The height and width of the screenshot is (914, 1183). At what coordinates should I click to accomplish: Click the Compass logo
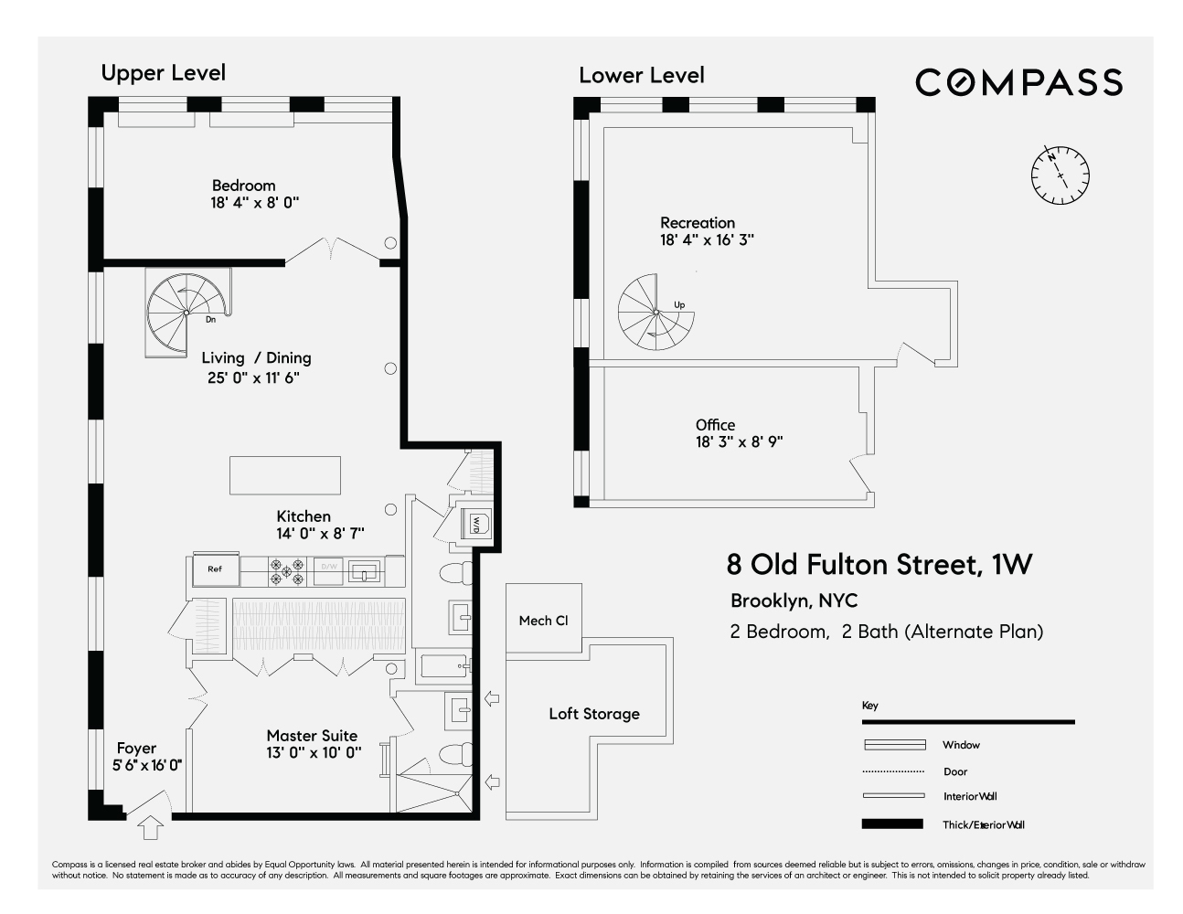click(1018, 82)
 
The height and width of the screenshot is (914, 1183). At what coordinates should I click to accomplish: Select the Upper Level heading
click(163, 73)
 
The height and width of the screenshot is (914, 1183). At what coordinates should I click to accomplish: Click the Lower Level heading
click(641, 75)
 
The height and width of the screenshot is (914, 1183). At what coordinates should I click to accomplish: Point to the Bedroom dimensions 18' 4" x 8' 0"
click(255, 203)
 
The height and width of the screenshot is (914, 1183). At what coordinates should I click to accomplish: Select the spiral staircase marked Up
click(655, 314)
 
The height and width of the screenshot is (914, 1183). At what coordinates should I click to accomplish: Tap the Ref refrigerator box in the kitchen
click(215, 569)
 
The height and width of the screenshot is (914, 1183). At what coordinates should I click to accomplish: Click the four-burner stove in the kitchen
click(286, 571)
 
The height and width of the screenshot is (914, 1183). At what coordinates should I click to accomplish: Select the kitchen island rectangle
click(284, 475)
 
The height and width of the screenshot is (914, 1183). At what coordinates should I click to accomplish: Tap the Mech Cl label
click(543, 621)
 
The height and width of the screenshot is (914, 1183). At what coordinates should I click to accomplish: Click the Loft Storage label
click(594, 714)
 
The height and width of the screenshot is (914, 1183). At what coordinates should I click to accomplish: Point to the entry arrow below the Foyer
click(150, 828)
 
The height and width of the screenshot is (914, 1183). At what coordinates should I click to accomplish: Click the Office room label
click(715, 425)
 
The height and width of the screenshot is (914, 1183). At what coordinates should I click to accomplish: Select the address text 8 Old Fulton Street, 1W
click(879, 564)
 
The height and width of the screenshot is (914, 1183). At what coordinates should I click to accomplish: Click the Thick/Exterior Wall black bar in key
click(892, 824)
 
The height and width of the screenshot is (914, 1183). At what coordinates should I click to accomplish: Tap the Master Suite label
click(312, 736)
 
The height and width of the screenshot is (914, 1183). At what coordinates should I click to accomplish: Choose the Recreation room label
click(698, 223)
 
